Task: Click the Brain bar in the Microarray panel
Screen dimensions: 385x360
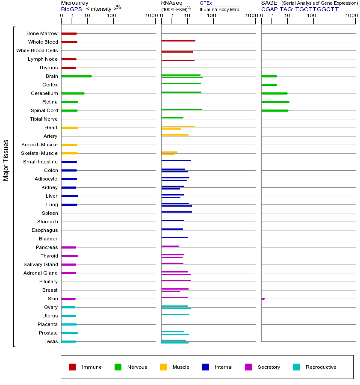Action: (x=77, y=76)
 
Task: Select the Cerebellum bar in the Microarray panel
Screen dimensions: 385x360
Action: (x=73, y=93)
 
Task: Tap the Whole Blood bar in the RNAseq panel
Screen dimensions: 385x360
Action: (x=178, y=41)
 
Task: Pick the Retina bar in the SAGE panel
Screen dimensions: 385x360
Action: (x=275, y=102)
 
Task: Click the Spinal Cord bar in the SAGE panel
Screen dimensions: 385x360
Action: (x=274, y=110)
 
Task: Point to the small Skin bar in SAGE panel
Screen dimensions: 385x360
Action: (x=263, y=299)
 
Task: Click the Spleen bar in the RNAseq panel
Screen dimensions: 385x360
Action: (x=177, y=212)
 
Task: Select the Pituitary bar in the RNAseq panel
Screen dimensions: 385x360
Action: (x=176, y=280)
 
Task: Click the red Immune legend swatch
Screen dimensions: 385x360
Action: (x=73, y=367)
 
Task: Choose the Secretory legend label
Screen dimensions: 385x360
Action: (x=269, y=367)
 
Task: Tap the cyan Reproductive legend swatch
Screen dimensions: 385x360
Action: (x=296, y=367)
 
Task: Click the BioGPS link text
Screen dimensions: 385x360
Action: (x=71, y=9)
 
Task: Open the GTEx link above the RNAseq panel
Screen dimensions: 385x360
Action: (x=206, y=3)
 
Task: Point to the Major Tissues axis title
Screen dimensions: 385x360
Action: (x=6, y=160)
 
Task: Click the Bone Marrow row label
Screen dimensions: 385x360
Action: (x=42, y=33)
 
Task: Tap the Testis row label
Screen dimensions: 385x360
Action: (x=51, y=341)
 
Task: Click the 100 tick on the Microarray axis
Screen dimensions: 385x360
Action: (x=112, y=16)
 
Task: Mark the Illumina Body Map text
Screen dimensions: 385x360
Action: (x=220, y=9)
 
